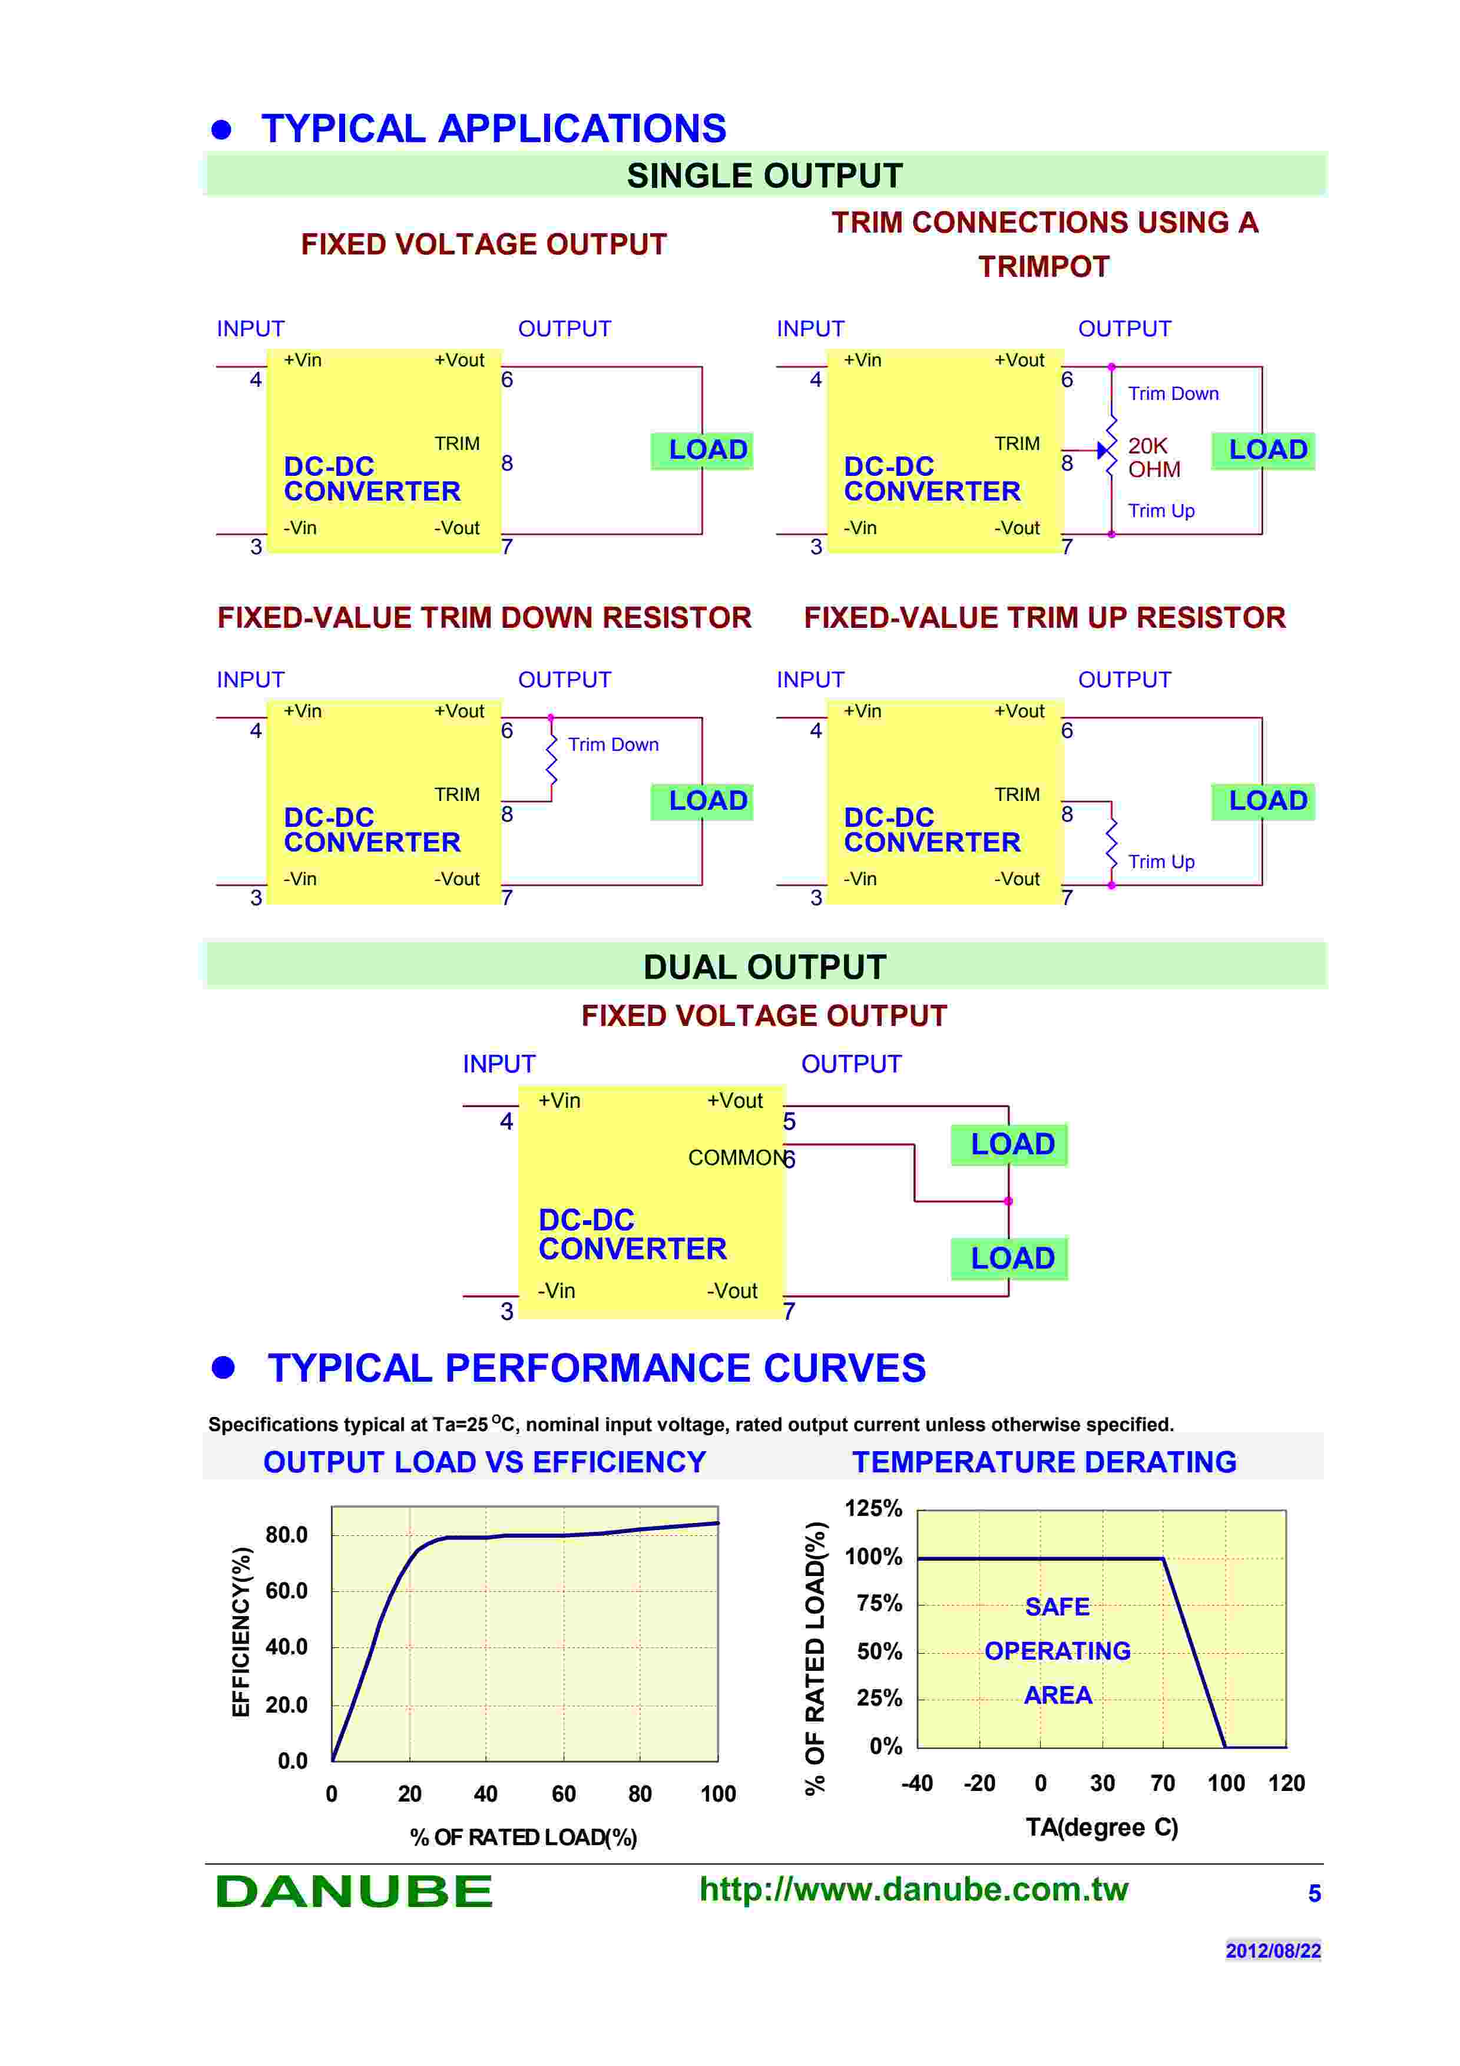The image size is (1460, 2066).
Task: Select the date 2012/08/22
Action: [x=1272, y=1950]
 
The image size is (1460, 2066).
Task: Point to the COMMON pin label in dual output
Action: [x=735, y=1157]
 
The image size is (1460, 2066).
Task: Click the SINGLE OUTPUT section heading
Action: [x=764, y=176]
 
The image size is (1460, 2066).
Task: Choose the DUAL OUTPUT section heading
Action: [x=764, y=966]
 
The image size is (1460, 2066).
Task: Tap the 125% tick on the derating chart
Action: [x=873, y=1508]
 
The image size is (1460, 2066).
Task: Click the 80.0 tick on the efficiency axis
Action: [x=286, y=1535]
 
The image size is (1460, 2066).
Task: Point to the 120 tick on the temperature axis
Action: [x=1286, y=1783]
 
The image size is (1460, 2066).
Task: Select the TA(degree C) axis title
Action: [x=1101, y=1827]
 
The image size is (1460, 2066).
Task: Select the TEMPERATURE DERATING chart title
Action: [x=1044, y=1462]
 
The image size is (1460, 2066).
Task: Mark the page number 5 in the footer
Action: [x=1313, y=1893]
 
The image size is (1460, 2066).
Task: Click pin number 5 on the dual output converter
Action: [x=789, y=1121]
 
